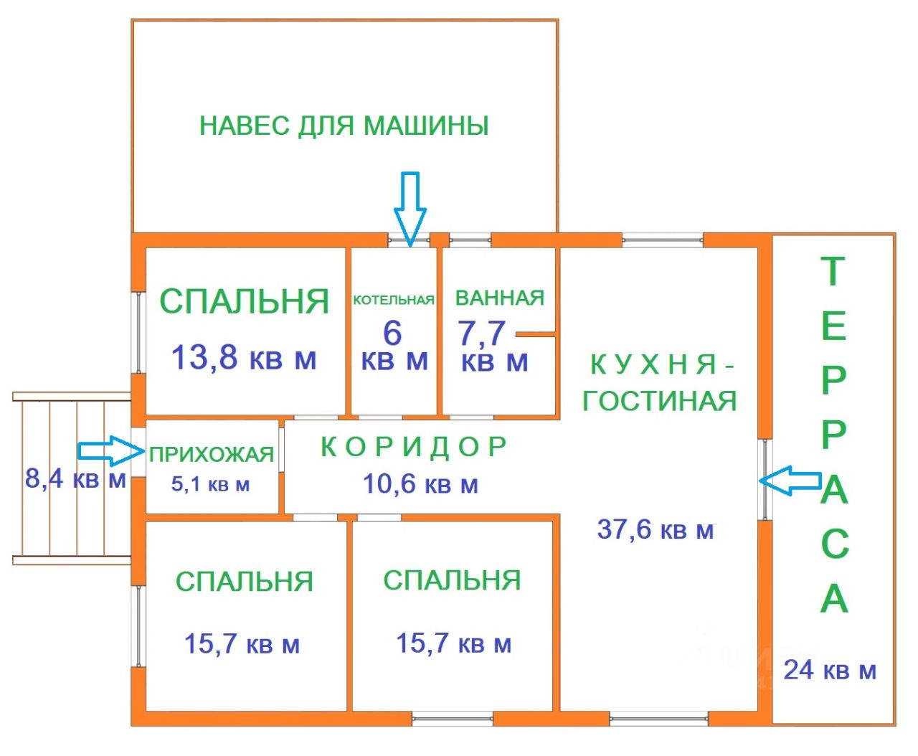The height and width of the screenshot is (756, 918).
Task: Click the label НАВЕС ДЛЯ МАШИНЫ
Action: (344, 126)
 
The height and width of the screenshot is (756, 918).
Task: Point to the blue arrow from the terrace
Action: (790, 481)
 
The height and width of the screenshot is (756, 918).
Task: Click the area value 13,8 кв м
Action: (243, 356)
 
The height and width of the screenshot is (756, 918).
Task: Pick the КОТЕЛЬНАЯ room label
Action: (394, 300)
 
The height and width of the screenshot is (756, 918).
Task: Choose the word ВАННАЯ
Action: (500, 298)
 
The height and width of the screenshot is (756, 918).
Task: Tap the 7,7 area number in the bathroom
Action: (481, 333)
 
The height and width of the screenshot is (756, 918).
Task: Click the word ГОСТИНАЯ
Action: (659, 401)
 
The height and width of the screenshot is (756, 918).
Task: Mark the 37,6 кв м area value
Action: (655, 530)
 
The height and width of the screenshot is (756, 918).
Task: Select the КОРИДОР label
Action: (414, 447)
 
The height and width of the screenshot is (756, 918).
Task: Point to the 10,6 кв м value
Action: (420, 484)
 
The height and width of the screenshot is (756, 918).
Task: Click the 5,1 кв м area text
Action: (210, 484)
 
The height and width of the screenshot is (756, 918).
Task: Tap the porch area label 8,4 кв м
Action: (75, 478)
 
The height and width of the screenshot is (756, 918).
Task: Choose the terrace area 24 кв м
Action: (829, 670)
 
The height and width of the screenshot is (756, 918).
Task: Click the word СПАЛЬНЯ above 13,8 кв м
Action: (244, 301)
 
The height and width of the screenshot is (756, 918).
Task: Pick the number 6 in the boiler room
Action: (392, 333)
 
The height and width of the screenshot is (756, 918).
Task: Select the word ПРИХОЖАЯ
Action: (212, 454)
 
